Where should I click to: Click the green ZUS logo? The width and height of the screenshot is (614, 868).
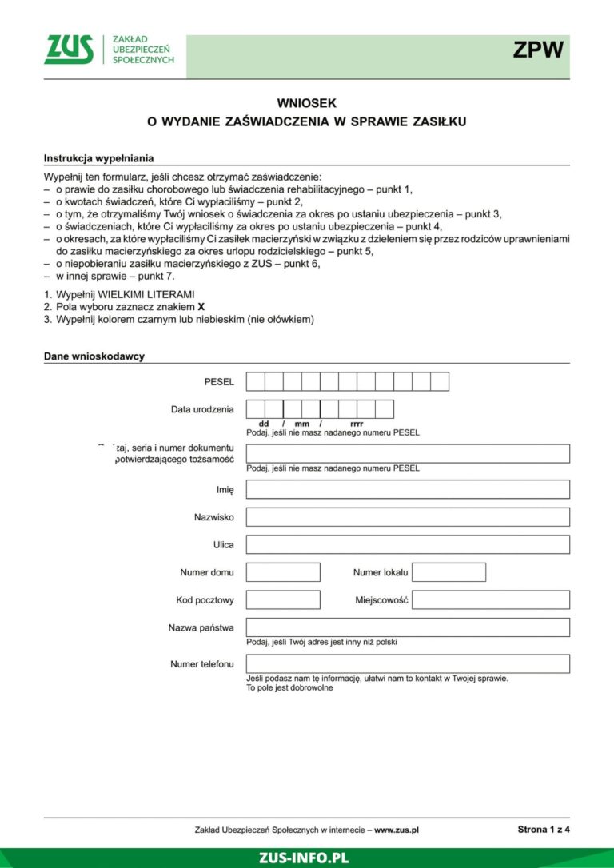69,50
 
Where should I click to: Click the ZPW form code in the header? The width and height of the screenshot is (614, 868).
538,50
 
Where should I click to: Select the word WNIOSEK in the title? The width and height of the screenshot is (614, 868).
306,103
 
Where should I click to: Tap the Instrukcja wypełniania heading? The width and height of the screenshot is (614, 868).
98,158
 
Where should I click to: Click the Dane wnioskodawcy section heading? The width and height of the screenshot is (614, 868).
94,356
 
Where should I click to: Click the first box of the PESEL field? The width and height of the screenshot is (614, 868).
255,382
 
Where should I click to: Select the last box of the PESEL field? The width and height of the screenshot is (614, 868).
440,382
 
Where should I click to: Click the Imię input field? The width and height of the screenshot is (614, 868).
408,489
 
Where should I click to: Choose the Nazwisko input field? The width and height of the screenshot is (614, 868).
408,517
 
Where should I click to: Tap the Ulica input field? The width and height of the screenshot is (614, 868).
408,544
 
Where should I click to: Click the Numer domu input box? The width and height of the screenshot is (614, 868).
283,572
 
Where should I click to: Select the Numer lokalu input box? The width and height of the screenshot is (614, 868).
449,572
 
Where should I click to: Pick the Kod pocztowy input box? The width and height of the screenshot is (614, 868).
283,599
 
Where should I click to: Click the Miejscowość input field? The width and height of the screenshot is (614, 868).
491,599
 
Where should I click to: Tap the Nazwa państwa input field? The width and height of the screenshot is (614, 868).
408,627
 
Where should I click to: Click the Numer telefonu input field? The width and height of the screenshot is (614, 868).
408,664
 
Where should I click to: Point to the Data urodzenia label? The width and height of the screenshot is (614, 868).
202,409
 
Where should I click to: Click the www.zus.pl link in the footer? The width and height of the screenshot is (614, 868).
397,830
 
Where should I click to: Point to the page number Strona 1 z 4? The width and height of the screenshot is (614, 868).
544,830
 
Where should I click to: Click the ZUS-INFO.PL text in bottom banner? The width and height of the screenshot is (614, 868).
304,858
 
